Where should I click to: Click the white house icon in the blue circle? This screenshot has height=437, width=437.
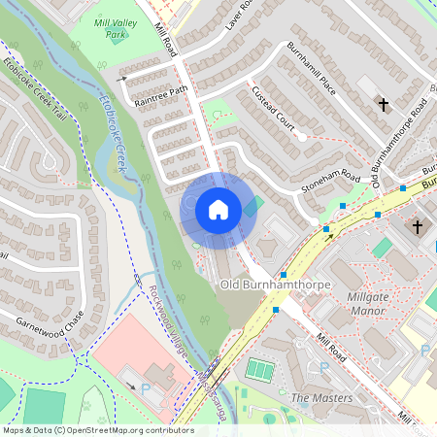pos(218,209)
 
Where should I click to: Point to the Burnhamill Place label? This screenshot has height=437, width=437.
pos(311,68)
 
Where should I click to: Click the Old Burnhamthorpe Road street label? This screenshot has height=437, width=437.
pos(391,145)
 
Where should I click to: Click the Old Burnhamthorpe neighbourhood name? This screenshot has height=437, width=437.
pos(276,285)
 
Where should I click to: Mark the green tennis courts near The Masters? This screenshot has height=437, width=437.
pos(260,370)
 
